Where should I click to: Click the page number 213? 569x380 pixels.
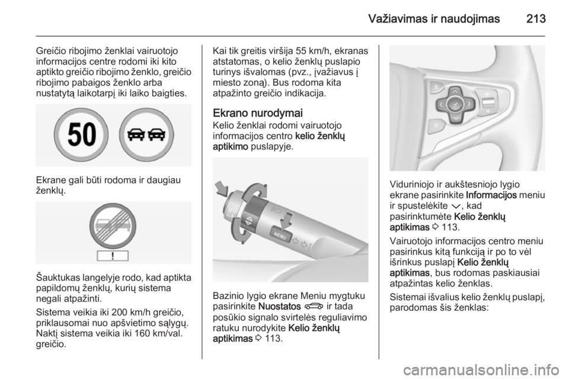coord(536,18)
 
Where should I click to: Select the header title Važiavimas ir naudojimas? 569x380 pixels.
coord(434,18)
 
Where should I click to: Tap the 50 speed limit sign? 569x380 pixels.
coord(81,135)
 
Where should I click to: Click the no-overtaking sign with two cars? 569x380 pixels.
coord(146,135)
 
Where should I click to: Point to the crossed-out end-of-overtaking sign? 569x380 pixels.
coord(113,226)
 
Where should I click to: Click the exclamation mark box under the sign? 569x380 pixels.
coord(113,256)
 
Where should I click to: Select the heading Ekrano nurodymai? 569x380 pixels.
coord(258,113)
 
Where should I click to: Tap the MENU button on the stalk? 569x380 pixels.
coord(280,236)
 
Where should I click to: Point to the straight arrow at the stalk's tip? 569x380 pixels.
coord(221,188)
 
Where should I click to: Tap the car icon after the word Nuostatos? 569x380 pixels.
coord(314,307)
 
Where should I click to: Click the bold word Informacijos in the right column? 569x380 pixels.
coord(491,195)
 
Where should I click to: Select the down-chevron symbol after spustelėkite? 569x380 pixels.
coord(455,206)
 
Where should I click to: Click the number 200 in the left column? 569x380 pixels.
coord(119,313)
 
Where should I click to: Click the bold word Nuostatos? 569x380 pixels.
coord(280,307)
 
